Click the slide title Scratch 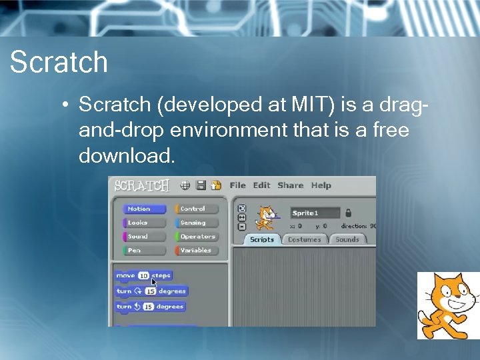tap(59, 62)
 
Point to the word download tap(127, 155)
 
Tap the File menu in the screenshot tap(237, 185)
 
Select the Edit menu tap(261, 185)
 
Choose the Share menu tap(290, 185)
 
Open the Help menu tap(321, 185)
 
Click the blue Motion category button tap(143, 209)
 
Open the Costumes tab tap(304, 239)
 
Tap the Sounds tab tap(347, 239)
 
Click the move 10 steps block tap(143, 275)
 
